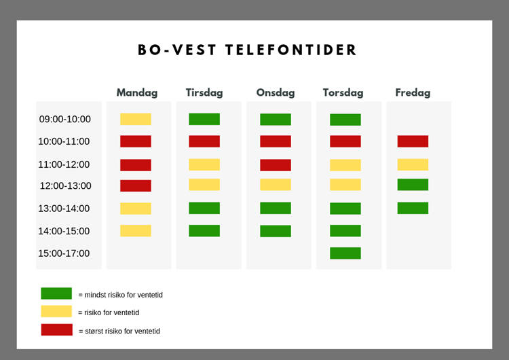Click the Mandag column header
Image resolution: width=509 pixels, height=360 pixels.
tap(137, 93)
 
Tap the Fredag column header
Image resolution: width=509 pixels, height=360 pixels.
tap(413, 93)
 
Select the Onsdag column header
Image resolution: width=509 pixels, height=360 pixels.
tap(276, 93)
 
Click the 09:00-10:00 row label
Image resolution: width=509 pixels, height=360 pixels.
tap(65, 119)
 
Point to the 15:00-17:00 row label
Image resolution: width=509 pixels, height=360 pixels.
tap(64, 253)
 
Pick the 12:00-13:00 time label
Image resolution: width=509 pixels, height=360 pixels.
tap(66, 185)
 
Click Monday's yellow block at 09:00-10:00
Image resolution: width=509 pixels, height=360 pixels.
tap(136, 119)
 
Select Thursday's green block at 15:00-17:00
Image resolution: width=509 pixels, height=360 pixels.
tap(345, 253)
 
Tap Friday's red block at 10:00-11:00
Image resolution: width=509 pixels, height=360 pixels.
tap(413, 141)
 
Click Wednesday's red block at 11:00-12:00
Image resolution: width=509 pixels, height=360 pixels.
tap(276, 165)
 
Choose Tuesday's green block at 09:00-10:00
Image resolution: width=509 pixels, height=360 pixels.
tap(204, 119)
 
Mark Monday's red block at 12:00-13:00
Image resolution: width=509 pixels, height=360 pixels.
tap(136, 186)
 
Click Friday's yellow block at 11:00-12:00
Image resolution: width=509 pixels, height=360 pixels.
tap(413, 164)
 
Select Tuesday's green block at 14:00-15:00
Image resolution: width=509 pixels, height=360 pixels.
tap(204, 231)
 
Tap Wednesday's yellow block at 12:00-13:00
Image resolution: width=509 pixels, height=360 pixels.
tap(276, 185)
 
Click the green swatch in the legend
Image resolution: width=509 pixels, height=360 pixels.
tap(56, 293)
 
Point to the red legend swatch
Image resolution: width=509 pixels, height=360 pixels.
tap(57, 330)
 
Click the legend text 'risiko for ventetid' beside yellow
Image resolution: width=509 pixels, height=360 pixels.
tap(112, 312)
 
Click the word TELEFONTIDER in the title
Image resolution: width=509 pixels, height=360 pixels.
tap(291, 50)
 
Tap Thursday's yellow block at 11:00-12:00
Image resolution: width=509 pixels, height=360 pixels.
tap(345, 165)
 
